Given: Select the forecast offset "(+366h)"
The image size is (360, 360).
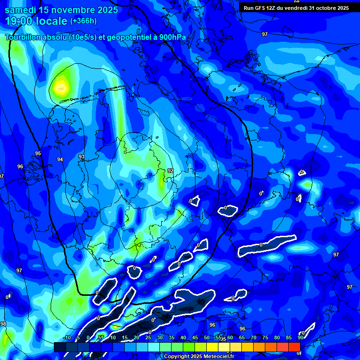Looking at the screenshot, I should (83, 21).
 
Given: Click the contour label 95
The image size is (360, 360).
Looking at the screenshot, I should (38, 154).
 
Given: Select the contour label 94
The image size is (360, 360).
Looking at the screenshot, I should (60, 160).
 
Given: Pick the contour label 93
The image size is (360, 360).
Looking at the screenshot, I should (82, 157).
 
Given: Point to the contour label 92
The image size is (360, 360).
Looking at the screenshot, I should (171, 171).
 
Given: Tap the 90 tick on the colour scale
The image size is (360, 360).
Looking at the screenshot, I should (300, 337).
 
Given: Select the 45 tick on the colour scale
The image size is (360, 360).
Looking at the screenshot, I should (195, 337).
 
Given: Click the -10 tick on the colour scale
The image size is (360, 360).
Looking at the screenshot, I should (67, 337).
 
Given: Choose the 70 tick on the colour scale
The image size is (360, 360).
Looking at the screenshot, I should (253, 337).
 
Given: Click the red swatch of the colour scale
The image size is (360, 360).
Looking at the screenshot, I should (294, 346).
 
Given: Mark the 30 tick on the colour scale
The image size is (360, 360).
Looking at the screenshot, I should (159, 337).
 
